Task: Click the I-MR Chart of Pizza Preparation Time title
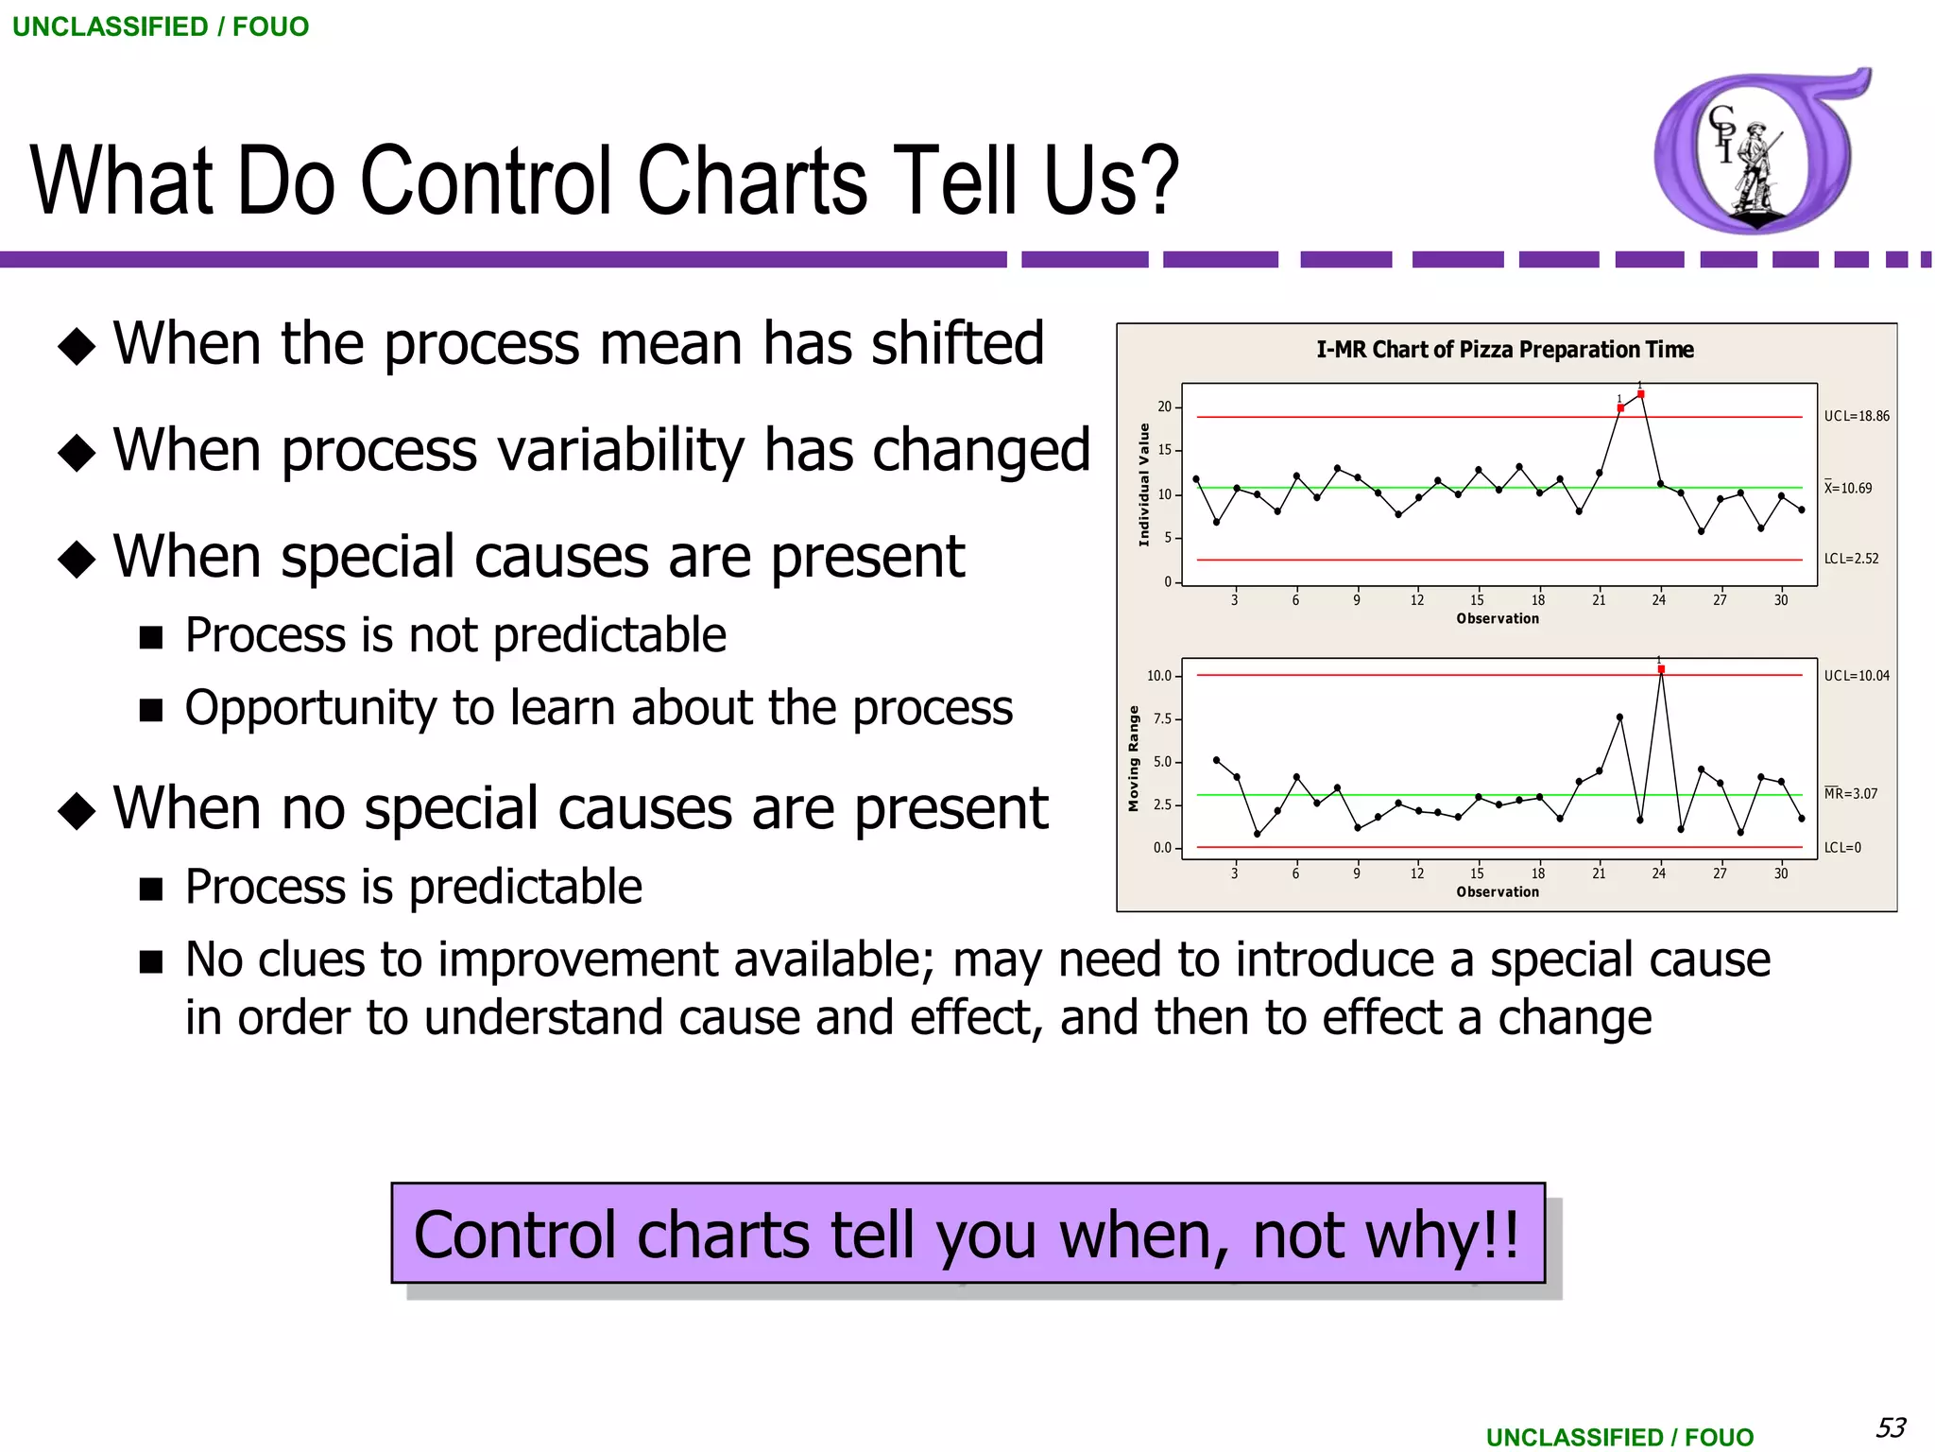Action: point(1504,350)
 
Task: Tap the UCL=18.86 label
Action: point(1856,416)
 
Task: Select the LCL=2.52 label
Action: point(1851,559)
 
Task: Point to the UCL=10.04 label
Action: point(1856,676)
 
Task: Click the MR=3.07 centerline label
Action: point(1850,794)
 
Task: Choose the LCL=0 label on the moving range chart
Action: point(1841,848)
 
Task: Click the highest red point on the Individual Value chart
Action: point(1640,394)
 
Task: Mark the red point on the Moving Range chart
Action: point(1661,669)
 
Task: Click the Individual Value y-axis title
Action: point(1143,484)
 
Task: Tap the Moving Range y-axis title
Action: point(1134,759)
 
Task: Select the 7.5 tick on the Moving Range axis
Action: point(1161,719)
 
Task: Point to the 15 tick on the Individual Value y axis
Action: point(1164,450)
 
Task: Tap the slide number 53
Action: point(1890,1426)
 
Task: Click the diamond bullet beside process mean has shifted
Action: point(77,346)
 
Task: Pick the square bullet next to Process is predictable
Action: point(151,889)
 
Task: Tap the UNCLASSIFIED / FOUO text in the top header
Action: point(160,26)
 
